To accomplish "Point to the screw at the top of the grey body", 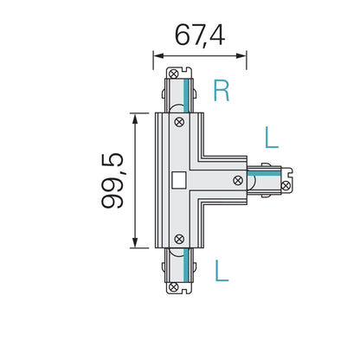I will click(x=179, y=123).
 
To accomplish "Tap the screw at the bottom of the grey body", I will click(x=179, y=238).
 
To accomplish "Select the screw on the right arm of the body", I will click(x=238, y=180).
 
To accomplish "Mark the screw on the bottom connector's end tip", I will click(x=178, y=286).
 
